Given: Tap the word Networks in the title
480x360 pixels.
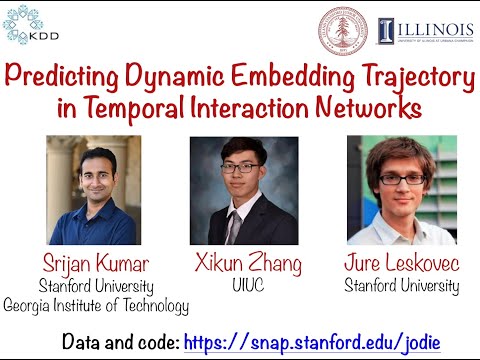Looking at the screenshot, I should [x=361, y=106].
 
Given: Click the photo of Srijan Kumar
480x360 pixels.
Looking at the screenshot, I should [x=93, y=190].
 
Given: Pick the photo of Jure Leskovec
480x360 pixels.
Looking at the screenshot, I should [x=400, y=190].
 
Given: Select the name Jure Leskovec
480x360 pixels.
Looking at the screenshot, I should [x=402, y=265].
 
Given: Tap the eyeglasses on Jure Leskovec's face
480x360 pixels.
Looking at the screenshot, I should [x=402, y=179].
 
